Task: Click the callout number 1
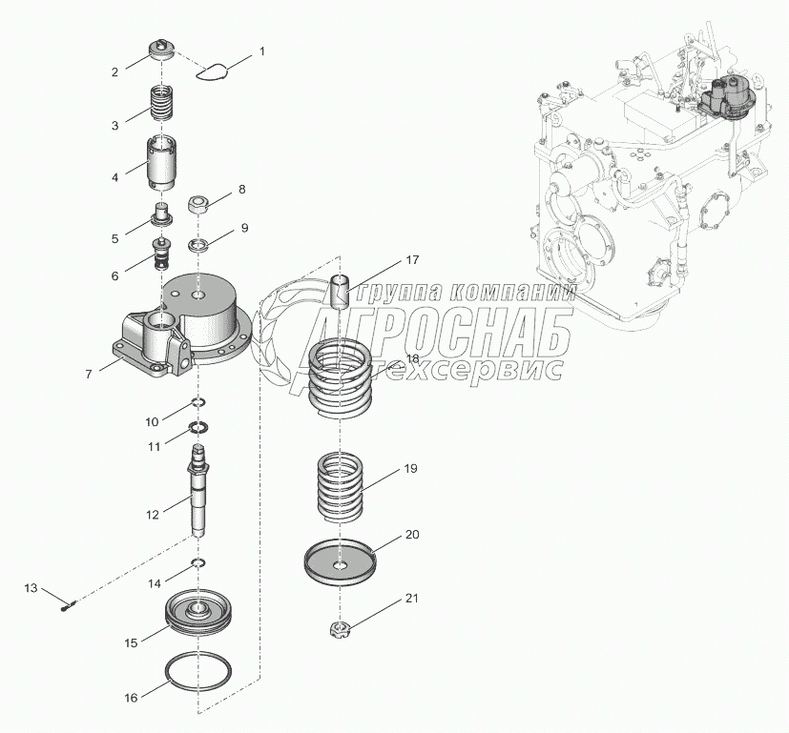click(x=262, y=50)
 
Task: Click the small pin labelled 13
click(x=68, y=600)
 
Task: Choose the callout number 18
click(x=412, y=358)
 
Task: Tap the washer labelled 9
click(x=199, y=246)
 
